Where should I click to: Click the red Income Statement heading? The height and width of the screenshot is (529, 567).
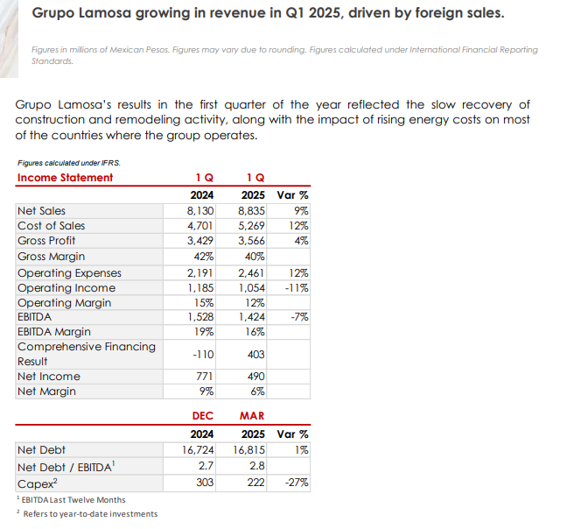[66, 178]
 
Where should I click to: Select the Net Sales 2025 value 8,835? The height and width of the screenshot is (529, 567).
[253, 211]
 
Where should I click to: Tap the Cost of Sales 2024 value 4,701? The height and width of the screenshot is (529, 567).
[201, 226]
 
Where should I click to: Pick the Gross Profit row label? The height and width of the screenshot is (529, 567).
[46, 241]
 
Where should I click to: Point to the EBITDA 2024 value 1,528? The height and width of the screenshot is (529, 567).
[201, 317]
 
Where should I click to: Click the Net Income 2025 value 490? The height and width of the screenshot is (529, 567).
[257, 377]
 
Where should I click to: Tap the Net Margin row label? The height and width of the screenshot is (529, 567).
[46, 391]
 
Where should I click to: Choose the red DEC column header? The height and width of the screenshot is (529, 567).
[203, 416]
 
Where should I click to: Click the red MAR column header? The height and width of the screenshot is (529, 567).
[252, 416]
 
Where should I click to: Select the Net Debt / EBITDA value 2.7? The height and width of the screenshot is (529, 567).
[207, 466]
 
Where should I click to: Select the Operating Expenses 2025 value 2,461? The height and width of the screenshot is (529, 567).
[253, 273]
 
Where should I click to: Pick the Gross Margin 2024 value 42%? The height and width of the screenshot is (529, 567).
[205, 257]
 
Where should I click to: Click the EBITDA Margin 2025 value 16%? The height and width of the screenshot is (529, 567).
[255, 332]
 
